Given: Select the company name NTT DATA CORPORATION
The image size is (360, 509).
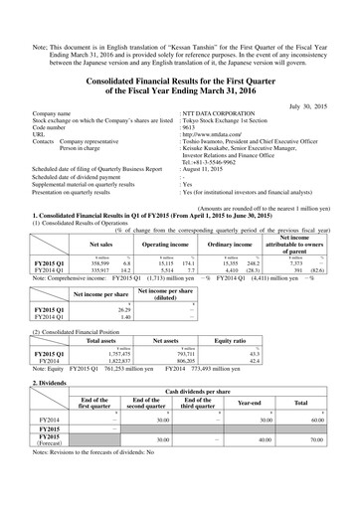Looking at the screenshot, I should click(x=224, y=114).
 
